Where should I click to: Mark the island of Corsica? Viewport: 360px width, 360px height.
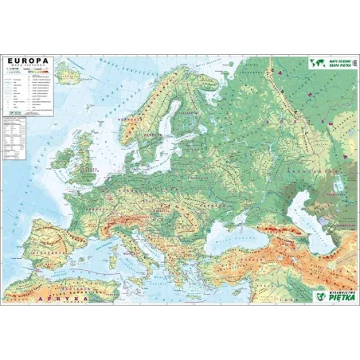point(127,245)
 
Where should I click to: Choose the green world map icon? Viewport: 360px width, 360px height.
point(317,62)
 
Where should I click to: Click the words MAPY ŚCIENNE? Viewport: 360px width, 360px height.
point(341,60)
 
